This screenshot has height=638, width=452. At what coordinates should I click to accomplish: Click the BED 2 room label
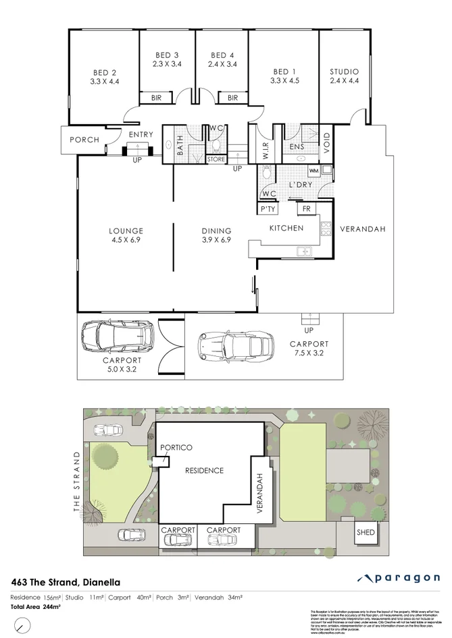point(105,77)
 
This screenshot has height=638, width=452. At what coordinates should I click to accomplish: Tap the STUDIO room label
point(344,77)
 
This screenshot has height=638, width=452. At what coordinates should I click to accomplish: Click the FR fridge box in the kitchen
point(307,209)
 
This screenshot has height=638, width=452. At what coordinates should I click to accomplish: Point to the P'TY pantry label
point(267,210)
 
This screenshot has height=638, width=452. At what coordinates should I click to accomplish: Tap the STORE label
point(216,159)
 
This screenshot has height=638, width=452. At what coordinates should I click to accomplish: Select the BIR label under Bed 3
point(156,98)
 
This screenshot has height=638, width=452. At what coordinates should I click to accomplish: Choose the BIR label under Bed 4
point(232,98)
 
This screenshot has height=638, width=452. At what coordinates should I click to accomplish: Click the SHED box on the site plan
point(366,532)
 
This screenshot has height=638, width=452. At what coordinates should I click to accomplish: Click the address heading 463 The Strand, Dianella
point(68,581)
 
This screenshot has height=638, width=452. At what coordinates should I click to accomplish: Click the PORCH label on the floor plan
point(84,140)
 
